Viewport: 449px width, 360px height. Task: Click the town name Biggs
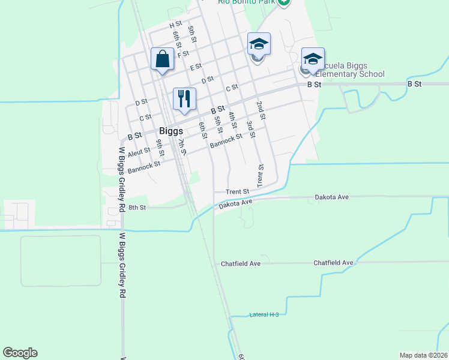click(x=170, y=131)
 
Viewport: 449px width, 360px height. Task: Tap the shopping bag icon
click(x=163, y=59)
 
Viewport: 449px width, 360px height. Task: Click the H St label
click(x=175, y=25)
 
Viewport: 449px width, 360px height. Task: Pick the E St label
click(x=196, y=67)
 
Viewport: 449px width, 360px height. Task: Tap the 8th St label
click(x=137, y=208)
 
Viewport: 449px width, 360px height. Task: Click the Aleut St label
click(x=139, y=152)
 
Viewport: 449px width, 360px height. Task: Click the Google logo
click(x=20, y=353)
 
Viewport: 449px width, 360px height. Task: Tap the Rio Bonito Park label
click(x=246, y=2)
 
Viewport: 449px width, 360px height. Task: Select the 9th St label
click(x=160, y=147)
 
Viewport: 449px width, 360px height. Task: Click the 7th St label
click(x=181, y=146)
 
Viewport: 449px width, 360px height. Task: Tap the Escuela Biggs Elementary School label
click(x=349, y=70)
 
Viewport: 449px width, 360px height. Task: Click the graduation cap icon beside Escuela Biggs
click(x=313, y=59)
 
